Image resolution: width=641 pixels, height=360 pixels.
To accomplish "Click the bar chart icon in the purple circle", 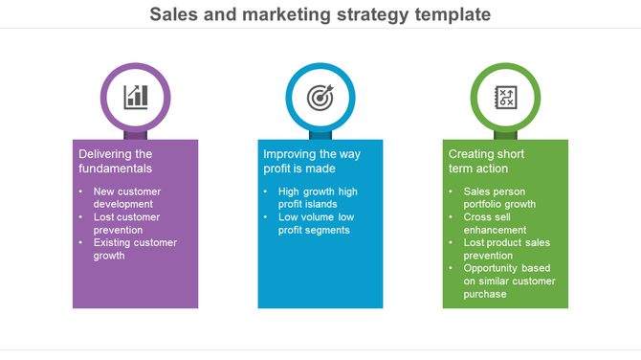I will (x=136, y=96).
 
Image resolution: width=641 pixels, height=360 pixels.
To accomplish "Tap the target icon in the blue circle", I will (x=320, y=96).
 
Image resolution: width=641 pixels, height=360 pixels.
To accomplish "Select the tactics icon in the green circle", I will (x=505, y=96).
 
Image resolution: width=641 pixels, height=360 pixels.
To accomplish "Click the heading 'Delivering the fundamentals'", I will (x=116, y=161).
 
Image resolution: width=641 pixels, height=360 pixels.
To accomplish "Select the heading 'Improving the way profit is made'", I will (x=312, y=161).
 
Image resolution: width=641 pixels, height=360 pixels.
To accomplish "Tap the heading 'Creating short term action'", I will (x=487, y=161).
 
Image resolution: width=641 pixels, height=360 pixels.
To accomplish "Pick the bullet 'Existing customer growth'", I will (x=134, y=249).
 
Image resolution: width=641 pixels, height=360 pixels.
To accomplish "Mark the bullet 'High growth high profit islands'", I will (x=317, y=197).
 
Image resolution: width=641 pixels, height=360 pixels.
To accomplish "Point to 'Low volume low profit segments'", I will (x=316, y=223).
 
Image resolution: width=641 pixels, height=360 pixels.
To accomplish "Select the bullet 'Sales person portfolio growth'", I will (x=500, y=197).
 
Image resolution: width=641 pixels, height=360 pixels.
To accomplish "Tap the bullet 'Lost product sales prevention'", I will (x=506, y=249).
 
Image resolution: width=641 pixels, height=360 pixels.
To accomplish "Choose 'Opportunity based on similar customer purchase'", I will (x=508, y=281).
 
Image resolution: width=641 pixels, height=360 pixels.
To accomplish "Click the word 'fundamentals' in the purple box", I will (x=116, y=169).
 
